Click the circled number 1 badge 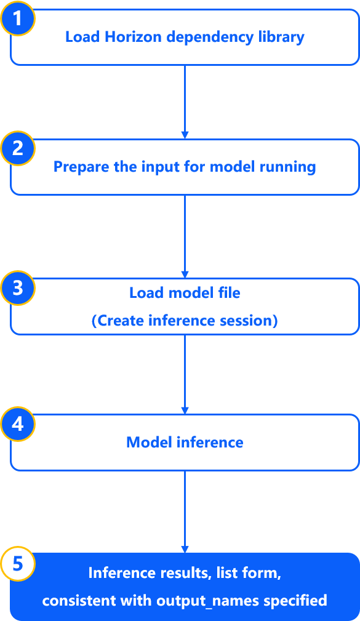(17, 18)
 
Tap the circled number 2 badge (18, 148)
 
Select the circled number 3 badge (18, 288)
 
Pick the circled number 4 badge (18, 424)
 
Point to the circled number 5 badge (18, 564)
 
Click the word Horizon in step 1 (134, 37)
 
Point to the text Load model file (185, 293)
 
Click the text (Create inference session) (185, 321)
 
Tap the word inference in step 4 (210, 443)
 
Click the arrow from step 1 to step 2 (185, 102)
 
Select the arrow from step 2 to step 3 (185, 236)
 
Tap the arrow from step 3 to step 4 (185, 374)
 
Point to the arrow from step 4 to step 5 (185, 511)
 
